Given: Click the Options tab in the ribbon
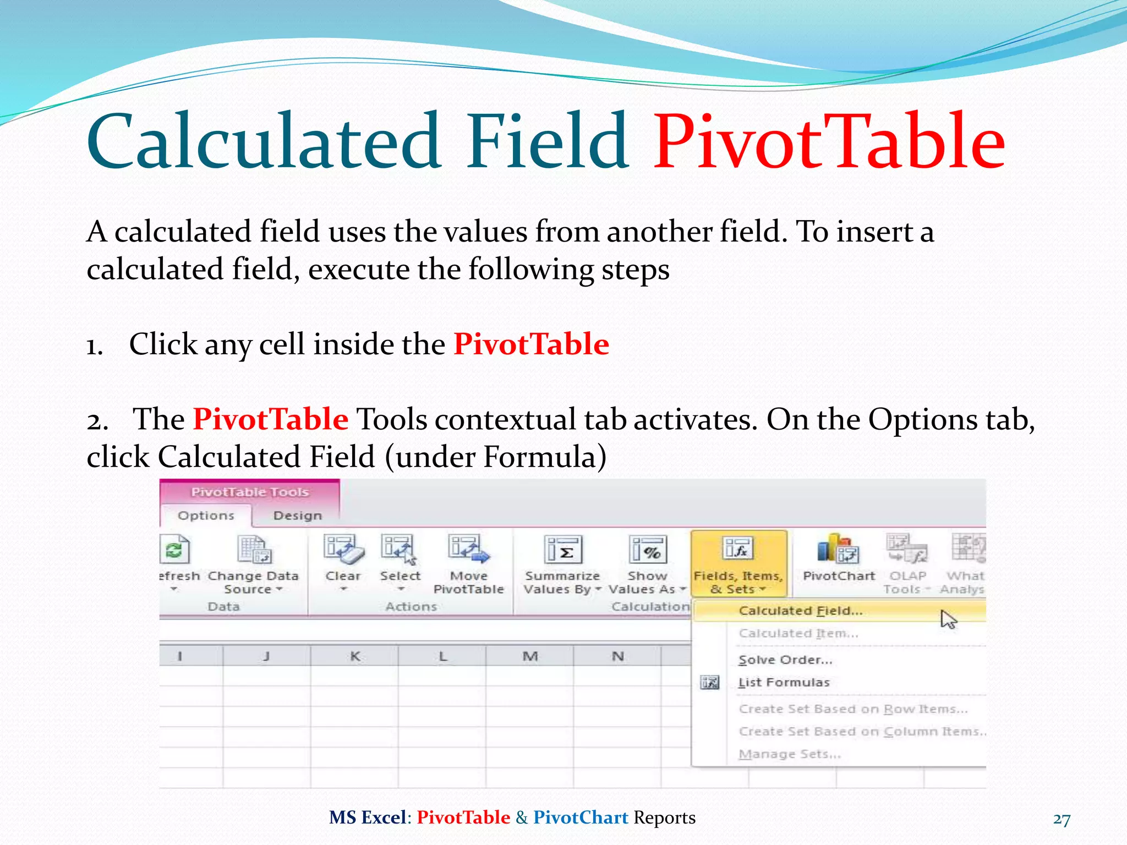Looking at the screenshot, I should [x=206, y=515].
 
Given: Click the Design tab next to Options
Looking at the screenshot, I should [x=297, y=515].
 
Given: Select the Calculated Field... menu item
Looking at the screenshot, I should [x=800, y=611].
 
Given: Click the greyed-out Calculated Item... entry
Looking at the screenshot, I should [x=798, y=633].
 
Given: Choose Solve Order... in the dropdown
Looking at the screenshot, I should [x=785, y=660].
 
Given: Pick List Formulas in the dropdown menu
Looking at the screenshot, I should [x=784, y=682].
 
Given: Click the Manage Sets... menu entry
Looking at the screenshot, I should [x=790, y=754].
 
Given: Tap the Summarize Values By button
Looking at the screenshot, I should [x=562, y=564].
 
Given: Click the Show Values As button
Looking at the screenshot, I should [x=648, y=564].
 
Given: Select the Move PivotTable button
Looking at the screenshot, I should [x=468, y=564].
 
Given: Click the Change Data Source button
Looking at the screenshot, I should [x=253, y=564].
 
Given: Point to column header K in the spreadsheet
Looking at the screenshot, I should [x=355, y=656].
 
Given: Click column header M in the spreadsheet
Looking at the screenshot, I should [x=530, y=656].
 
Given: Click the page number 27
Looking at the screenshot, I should [x=1062, y=819].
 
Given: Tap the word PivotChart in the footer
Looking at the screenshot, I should [x=581, y=817].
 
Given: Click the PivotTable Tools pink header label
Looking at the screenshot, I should [x=249, y=492].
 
